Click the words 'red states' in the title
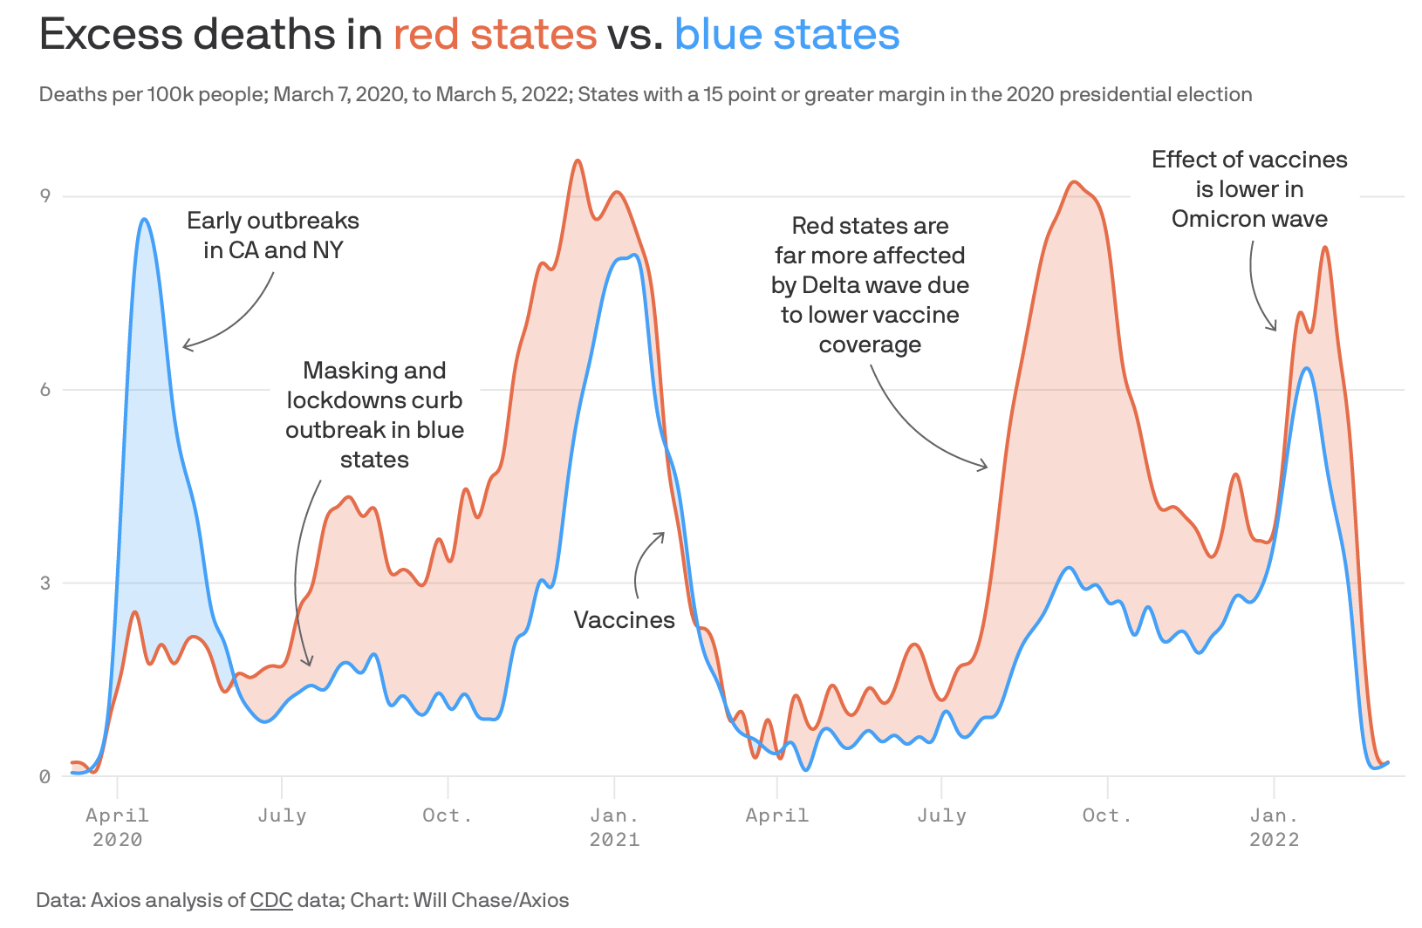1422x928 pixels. tap(495, 35)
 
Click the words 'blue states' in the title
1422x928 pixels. tap(787, 35)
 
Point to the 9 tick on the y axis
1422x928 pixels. tap(45, 195)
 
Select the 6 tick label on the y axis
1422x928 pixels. tap(45, 390)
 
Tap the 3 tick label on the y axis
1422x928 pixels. tap(45, 583)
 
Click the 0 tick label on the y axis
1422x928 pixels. tap(45, 777)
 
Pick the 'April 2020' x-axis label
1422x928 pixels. tap(117, 827)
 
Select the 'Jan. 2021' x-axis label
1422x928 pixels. tap(614, 827)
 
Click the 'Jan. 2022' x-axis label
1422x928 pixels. tap(1274, 827)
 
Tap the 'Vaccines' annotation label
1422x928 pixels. tap(624, 620)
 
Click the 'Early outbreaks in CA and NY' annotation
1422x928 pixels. tap(273, 235)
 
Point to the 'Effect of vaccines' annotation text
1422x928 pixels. tap(1249, 160)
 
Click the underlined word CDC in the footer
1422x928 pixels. tap(271, 900)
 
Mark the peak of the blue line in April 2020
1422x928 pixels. tap(145, 220)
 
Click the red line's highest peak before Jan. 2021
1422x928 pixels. tap(578, 160)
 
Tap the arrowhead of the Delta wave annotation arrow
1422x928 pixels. tap(987, 467)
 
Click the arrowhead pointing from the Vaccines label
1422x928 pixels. tap(663, 534)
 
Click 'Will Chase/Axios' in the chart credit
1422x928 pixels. tap(491, 900)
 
